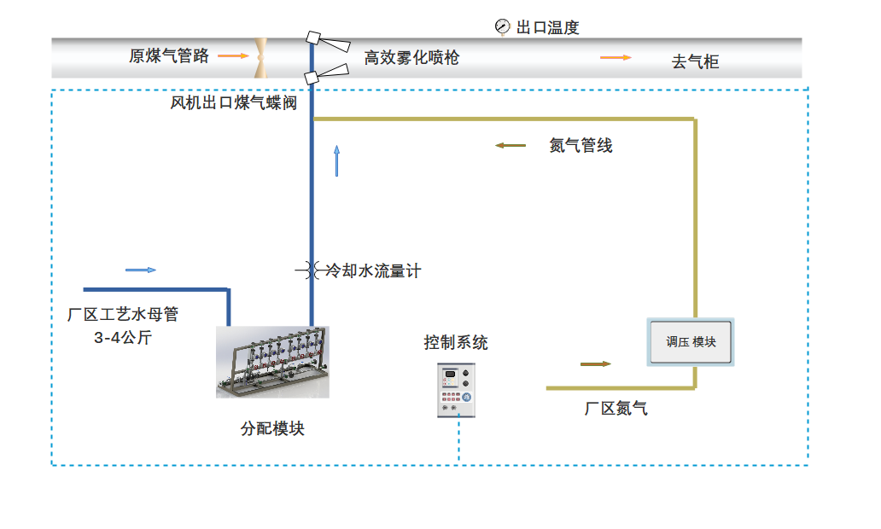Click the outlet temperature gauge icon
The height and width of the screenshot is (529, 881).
pyautogui.click(x=502, y=26)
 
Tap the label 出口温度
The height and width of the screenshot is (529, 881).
pyautogui.click(x=548, y=27)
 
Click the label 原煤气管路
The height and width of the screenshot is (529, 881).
pyautogui.click(x=169, y=56)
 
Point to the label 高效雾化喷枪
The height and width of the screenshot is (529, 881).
pyautogui.click(x=411, y=58)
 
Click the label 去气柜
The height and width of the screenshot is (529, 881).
pyautogui.click(x=695, y=61)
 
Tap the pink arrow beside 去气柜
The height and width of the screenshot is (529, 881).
pyautogui.click(x=616, y=58)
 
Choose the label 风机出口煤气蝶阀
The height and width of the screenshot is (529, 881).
pyautogui.click(x=233, y=103)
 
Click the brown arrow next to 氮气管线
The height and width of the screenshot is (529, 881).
pyautogui.click(x=511, y=146)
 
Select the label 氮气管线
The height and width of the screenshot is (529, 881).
pyautogui.click(x=581, y=146)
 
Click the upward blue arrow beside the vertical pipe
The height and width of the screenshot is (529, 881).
pyautogui.click(x=337, y=160)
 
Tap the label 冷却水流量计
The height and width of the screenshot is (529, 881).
pyautogui.click(x=374, y=271)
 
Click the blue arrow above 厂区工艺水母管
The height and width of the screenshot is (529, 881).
pyautogui.click(x=141, y=270)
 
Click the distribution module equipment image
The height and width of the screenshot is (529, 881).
pyautogui.click(x=272, y=362)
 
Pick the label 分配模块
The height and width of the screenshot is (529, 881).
pyautogui.click(x=272, y=429)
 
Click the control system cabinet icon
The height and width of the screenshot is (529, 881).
pyautogui.click(x=456, y=390)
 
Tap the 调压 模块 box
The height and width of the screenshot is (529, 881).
pyautogui.click(x=691, y=342)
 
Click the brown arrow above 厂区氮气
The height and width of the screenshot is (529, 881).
pyautogui.click(x=596, y=364)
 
